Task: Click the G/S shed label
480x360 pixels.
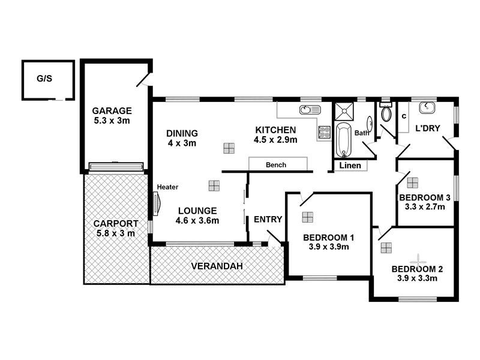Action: tap(44, 78)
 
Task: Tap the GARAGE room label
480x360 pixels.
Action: tap(112, 110)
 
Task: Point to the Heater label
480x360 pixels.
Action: tap(167, 187)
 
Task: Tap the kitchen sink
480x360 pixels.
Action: tap(309, 110)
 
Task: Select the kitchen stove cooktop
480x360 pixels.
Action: tap(325, 131)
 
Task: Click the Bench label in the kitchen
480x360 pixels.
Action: tap(276, 164)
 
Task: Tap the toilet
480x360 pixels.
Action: tap(386, 113)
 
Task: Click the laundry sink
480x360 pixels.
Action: tap(427, 108)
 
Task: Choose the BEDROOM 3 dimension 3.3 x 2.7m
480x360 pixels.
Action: tap(425, 208)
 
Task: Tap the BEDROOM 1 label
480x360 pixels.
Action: tap(328, 237)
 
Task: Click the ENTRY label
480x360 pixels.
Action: tap(268, 219)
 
